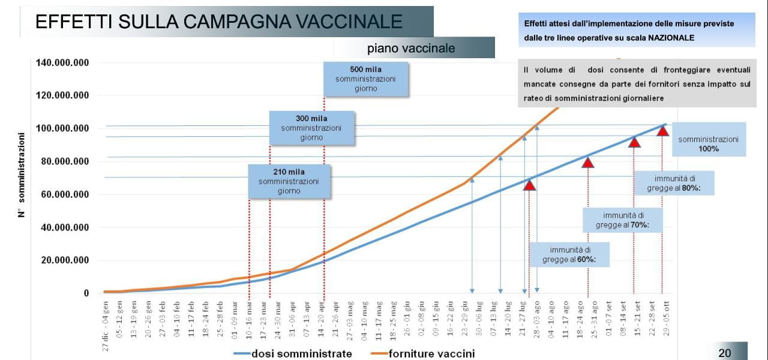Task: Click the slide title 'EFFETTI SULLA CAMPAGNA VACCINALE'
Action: tap(218, 22)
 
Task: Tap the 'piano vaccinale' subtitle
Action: tap(411, 49)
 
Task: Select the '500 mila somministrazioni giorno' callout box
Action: tap(365, 79)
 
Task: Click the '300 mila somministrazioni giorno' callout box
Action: tap(311, 128)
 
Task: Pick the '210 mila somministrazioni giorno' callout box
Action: tap(289, 182)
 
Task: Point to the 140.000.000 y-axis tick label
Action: tap(62, 62)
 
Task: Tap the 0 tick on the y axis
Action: tap(86, 293)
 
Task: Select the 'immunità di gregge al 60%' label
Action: tap(569, 254)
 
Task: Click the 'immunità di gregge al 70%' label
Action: tap(623, 220)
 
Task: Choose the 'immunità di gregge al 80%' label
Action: tap(675, 183)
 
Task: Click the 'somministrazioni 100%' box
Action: tap(709, 143)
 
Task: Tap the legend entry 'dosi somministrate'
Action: tap(301, 353)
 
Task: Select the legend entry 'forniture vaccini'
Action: tap(431, 353)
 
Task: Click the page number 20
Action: tap(725, 353)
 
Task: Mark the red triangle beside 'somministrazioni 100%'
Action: tap(662, 130)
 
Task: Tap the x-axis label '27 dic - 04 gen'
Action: tap(106, 320)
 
